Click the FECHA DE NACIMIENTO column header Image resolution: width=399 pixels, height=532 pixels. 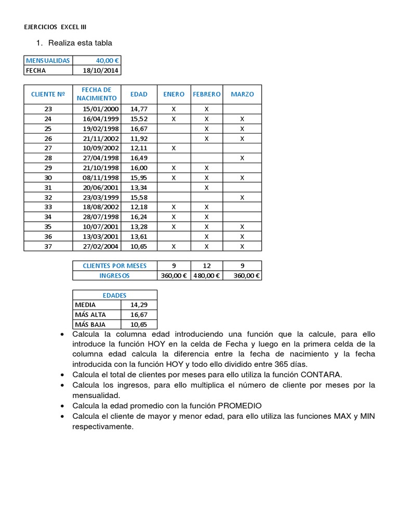(x=97, y=94)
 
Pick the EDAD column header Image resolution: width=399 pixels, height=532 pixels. (x=139, y=94)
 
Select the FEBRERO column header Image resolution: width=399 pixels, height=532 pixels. (x=206, y=94)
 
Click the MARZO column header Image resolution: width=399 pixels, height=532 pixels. (x=242, y=94)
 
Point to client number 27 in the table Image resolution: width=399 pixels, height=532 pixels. (x=48, y=148)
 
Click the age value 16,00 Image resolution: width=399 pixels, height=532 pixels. (x=139, y=168)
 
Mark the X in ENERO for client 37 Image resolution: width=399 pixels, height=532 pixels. (x=174, y=246)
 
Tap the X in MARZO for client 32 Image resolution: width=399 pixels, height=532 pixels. (x=242, y=197)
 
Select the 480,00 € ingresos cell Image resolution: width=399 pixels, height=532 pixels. (x=206, y=275)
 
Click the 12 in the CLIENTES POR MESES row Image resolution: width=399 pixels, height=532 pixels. (x=206, y=265)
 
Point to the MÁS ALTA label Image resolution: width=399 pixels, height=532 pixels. (x=91, y=315)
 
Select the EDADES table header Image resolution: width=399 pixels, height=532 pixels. (x=115, y=295)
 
